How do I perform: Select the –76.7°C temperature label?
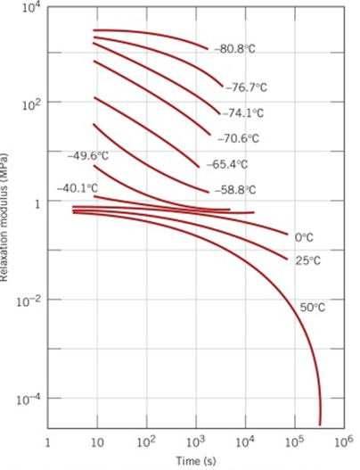[x=249, y=87]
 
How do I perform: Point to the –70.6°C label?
[x=237, y=138]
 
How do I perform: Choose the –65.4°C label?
[x=227, y=165]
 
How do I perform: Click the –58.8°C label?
[x=234, y=190]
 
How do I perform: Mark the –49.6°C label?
[x=88, y=156]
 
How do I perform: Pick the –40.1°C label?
[x=78, y=188]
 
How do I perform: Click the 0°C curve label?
[x=303, y=237]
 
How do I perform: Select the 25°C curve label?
[x=307, y=260]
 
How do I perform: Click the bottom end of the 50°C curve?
[x=319, y=424]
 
